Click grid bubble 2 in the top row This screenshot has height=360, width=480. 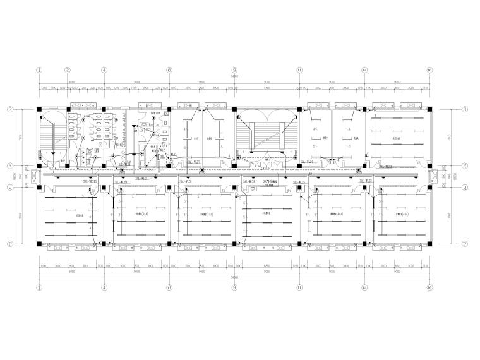tap(68, 70)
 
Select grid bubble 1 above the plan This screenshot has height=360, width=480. tap(39, 70)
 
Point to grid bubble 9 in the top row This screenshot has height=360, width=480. tap(234, 70)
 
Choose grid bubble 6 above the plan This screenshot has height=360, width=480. tap(169, 70)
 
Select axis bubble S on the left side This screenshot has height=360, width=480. tap(11, 109)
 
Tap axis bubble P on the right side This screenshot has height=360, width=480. tap(465, 243)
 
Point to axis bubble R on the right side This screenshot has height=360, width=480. tap(465, 167)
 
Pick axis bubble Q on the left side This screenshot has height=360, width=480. tap(11, 187)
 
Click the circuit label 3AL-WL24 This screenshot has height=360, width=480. tap(309, 162)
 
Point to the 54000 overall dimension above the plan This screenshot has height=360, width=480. tap(234, 77)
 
